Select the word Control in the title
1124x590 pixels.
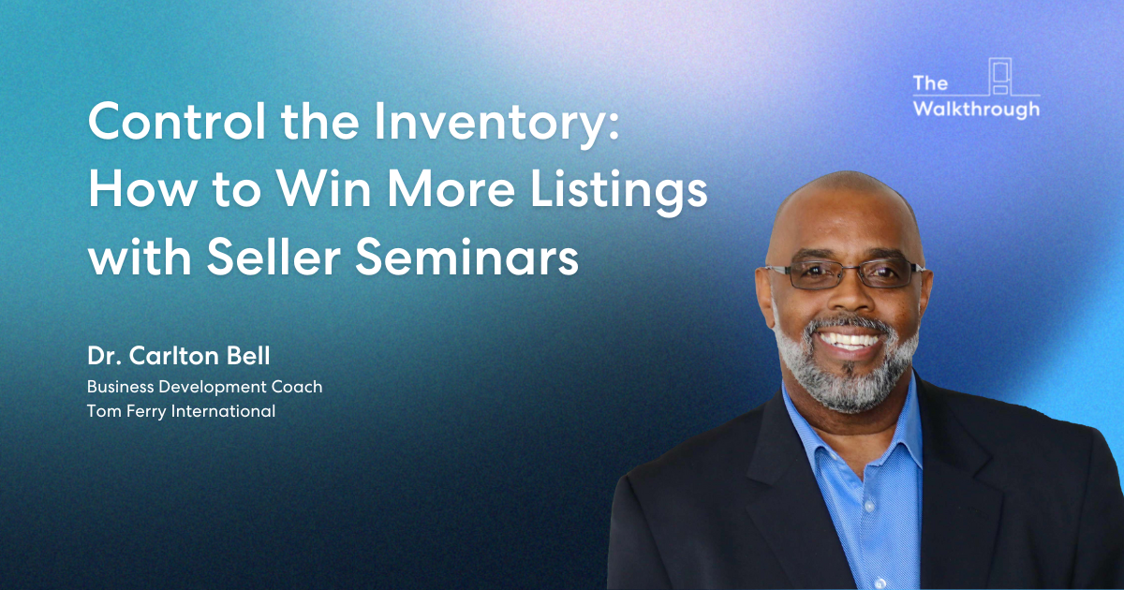tap(177, 121)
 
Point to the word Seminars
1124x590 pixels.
tap(467, 258)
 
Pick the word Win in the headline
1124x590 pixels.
tap(324, 189)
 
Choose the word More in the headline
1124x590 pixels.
tap(451, 189)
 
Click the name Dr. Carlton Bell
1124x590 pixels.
tap(179, 356)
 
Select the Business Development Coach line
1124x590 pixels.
tap(205, 388)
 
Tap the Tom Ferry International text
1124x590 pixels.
tap(181, 411)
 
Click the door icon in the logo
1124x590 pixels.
tap(999, 76)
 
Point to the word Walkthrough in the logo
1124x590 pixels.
tap(976, 109)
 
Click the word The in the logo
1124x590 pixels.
tap(930, 83)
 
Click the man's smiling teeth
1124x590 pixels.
tap(848, 341)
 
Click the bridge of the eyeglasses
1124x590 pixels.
tap(849, 270)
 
